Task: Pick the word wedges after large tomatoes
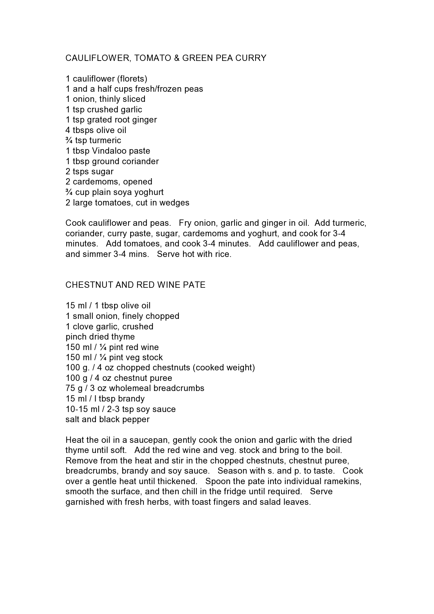click(x=174, y=203)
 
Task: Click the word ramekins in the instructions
click(x=342, y=481)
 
